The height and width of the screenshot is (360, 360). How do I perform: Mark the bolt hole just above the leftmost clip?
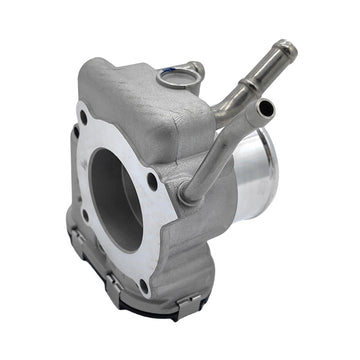click(84, 211)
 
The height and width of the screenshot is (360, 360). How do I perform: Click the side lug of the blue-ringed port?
click(196, 68)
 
